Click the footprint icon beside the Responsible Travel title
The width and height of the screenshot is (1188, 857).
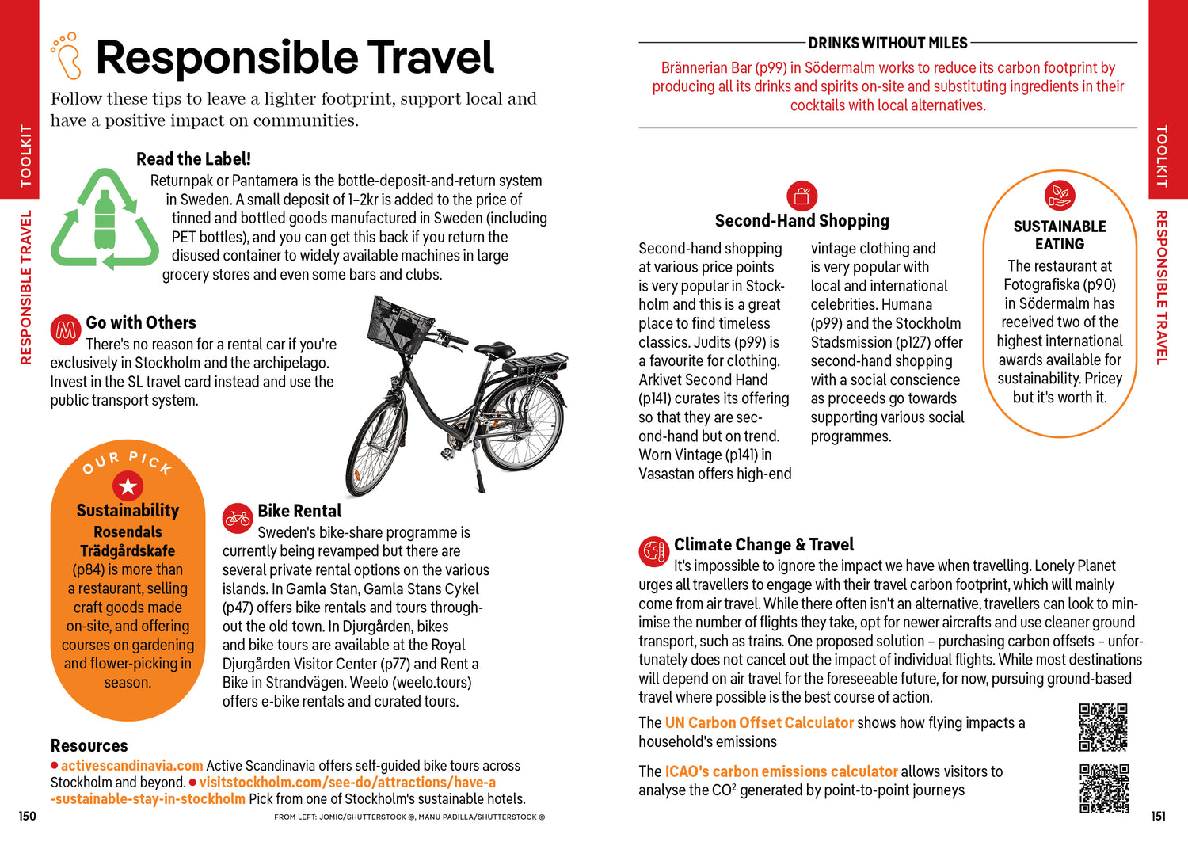67,56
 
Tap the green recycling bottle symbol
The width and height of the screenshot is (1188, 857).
105,220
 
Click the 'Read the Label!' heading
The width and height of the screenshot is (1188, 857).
193,159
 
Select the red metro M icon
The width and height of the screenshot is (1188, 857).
66,329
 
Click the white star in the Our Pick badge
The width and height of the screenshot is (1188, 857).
128,486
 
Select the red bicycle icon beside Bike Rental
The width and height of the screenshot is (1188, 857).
237,518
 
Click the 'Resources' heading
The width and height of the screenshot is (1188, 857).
89,746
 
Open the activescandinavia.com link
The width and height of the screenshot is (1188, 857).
131,766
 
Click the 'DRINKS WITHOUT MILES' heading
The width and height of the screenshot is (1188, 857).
887,43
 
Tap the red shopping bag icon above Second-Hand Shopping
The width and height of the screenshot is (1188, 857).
802,196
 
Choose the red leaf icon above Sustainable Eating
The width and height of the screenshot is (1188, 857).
1059,195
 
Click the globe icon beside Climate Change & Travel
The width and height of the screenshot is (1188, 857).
654,551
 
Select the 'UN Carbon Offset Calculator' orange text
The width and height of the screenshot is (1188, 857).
759,723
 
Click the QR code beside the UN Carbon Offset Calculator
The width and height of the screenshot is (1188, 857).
1103,727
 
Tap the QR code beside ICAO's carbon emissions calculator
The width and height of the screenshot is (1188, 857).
1103,788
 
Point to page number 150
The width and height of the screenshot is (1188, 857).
27,817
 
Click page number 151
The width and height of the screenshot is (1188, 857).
1158,817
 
